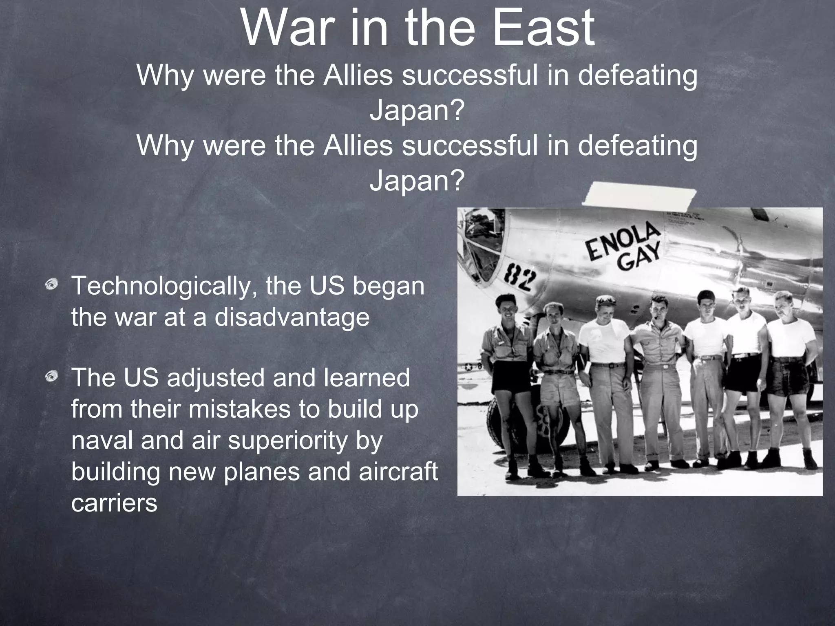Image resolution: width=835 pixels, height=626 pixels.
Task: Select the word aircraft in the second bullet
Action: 398,472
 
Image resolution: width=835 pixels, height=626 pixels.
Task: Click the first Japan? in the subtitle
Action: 417,110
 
